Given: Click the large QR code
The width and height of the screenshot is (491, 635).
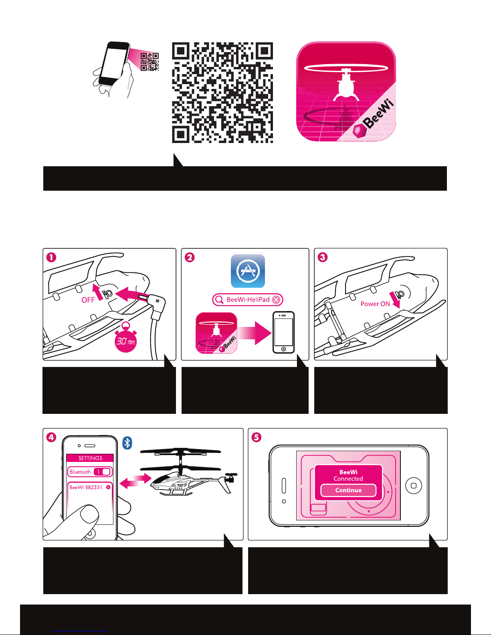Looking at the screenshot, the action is (222, 93).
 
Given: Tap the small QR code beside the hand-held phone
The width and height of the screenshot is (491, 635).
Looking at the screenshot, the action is (150, 62).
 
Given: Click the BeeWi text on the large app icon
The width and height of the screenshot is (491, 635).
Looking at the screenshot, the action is (378, 114).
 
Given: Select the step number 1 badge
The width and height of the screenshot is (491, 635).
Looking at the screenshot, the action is (51, 258).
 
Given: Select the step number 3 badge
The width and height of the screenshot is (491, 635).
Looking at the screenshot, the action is (323, 257).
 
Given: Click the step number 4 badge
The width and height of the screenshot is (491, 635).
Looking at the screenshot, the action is (51, 437).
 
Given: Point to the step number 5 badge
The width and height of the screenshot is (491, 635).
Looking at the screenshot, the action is (256, 437).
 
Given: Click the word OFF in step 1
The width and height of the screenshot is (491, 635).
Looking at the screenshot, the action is (88, 300).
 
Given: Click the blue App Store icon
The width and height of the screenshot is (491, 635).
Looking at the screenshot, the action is (248, 271).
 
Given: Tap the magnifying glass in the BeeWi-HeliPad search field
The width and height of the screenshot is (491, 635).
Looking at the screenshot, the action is (219, 300).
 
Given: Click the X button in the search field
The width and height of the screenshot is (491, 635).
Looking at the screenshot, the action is (276, 300).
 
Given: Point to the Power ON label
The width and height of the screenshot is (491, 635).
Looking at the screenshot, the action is (375, 304).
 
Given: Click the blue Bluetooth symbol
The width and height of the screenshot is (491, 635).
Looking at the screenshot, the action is (127, 443).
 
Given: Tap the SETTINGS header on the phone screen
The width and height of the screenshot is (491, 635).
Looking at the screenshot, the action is (90, 458).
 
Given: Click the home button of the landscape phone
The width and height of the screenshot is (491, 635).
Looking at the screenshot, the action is (414, 486).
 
